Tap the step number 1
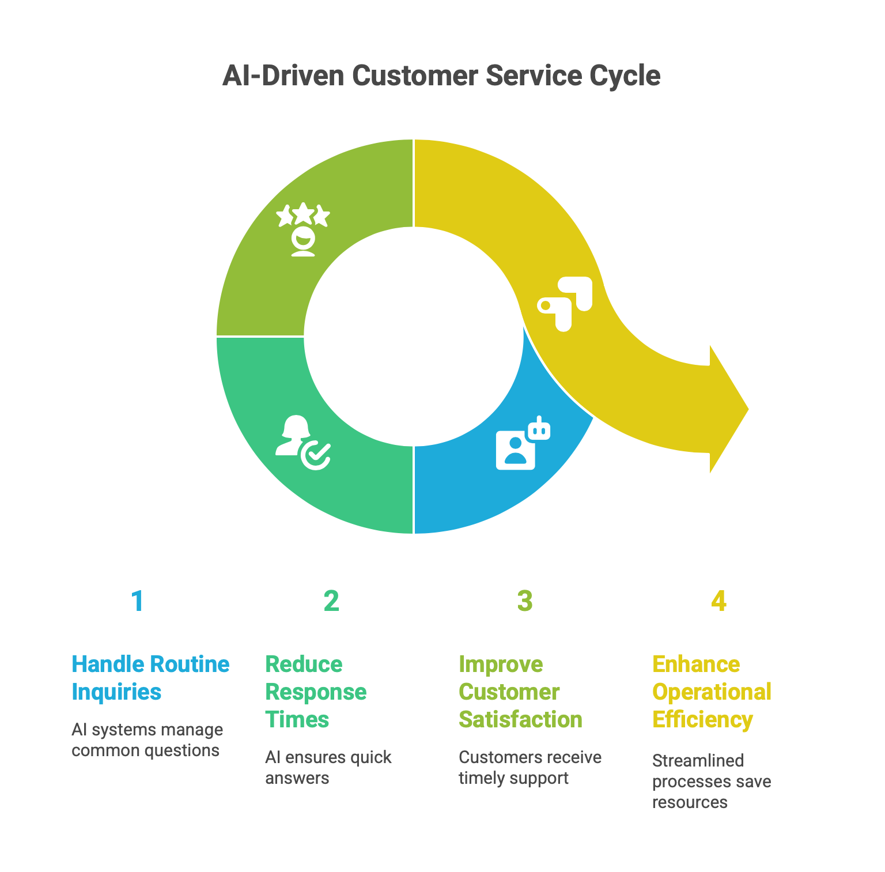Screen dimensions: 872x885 click(137, 601)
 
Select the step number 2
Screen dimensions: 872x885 click(331, 601)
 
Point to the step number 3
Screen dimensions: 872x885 click(525, 601)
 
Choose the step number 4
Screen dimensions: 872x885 click(718, 601)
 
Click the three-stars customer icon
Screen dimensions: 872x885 click(303, 229)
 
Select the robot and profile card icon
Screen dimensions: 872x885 click(523, 443)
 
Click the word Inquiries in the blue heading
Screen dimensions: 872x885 click(116, 692)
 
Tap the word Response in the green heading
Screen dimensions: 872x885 click(316, 692)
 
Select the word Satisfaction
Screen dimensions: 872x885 click(520, 719)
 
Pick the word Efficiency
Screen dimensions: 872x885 click(702, 719)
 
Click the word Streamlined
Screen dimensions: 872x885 click(698, 761)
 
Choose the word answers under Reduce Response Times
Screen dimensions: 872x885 click(297, 778)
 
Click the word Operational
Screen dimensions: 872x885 click(712, 692)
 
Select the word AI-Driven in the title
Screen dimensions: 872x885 click(283, 76)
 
